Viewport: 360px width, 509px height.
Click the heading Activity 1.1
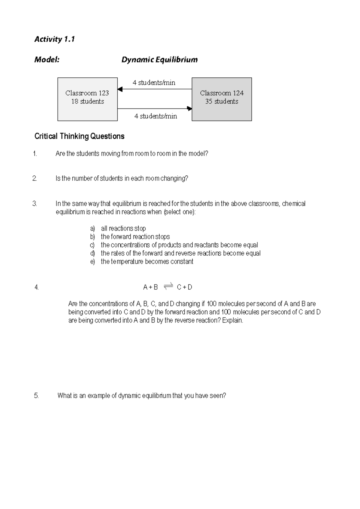coord(54,39)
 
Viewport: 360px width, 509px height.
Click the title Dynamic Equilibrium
coord(159,60)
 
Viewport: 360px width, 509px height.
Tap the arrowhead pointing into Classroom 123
coord(120,89)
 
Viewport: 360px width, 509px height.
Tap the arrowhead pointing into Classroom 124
coord(189,109)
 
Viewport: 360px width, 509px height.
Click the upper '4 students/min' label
coord(154,83)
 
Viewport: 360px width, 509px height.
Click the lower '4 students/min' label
coord(155,116)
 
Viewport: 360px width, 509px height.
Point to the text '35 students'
coord(222,102)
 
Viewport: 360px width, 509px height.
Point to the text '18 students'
coord(87,102)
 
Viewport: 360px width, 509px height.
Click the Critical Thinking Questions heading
coord(79,136)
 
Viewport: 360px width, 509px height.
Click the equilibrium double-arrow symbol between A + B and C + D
coord(168,287)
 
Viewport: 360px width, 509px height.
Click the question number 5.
coord(36,396)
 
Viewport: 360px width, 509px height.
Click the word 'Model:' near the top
coord(47,60)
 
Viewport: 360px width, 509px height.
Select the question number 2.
coord(34,179)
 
